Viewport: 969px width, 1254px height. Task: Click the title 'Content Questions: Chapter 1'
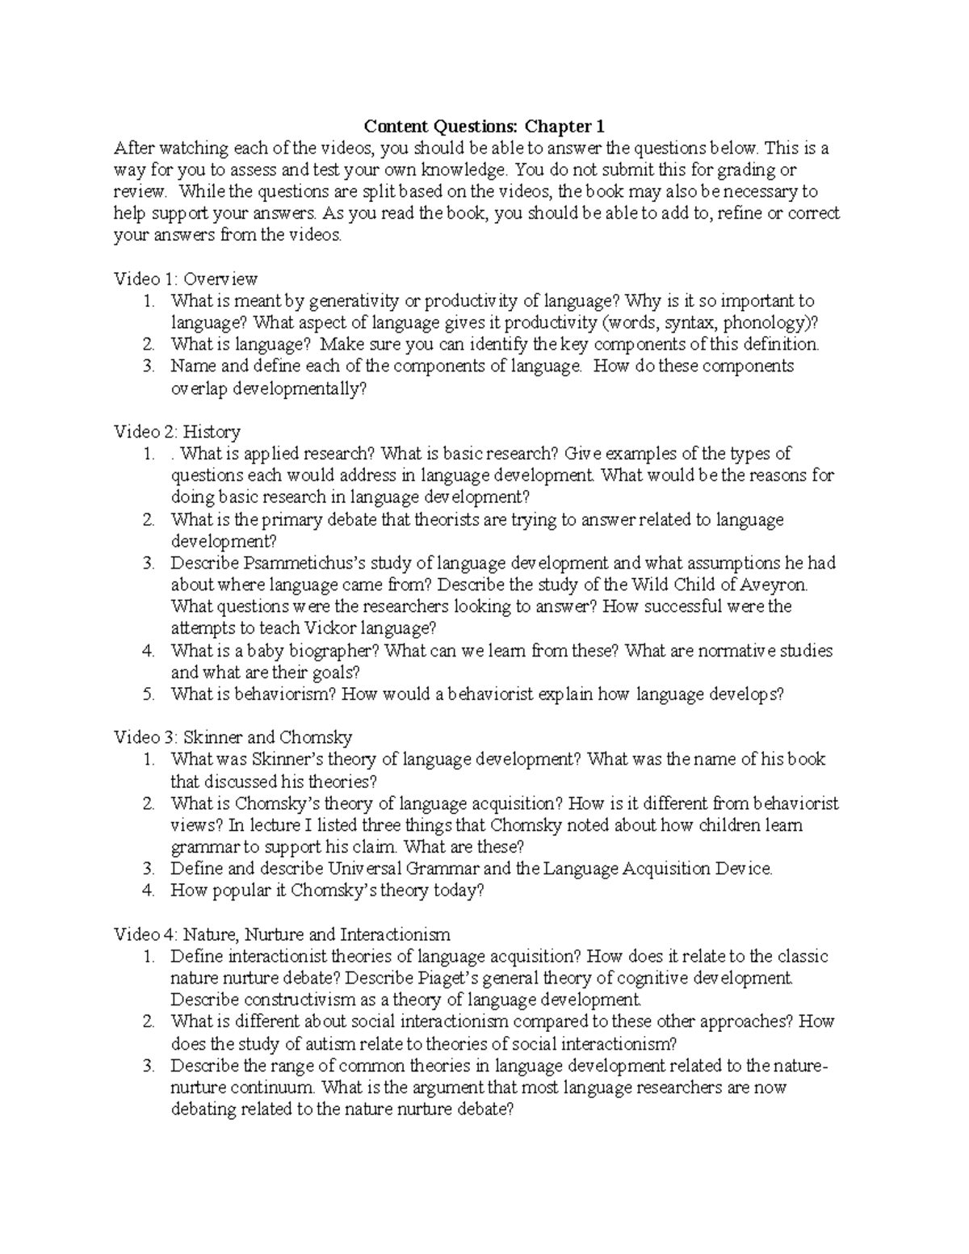[484, 126]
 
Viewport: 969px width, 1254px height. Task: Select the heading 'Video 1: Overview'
[186, 279]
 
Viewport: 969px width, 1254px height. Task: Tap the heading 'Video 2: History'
[177, 432]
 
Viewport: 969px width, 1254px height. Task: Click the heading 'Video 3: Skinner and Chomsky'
[233, 737]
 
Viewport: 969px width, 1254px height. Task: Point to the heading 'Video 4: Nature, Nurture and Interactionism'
[282, 934]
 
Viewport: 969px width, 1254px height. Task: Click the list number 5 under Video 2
[149, 694]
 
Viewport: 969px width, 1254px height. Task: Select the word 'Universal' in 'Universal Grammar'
[366, 869]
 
